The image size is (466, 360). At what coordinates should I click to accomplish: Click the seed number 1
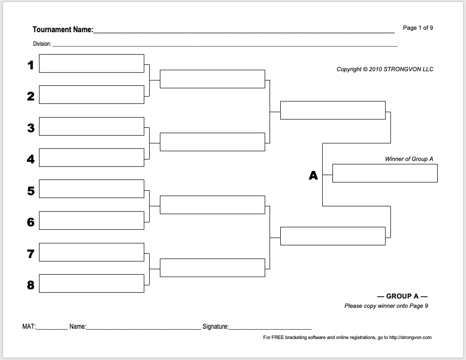point(31,65)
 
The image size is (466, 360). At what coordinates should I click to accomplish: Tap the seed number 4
point(31,159)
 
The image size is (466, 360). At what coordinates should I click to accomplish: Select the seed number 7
point(31,254)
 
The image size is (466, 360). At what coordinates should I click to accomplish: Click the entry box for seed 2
point(91,95)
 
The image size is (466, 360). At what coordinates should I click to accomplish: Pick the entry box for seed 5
point(91,189)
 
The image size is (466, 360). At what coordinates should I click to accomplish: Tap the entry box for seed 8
point(91,283)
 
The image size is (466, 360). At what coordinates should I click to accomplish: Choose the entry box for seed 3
point(91,126)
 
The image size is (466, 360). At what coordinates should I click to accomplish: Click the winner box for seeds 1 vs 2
point(212,79)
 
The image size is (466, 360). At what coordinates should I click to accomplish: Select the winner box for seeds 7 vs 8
point(212,268)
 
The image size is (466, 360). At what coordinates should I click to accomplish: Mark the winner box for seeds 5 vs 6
point(212,205)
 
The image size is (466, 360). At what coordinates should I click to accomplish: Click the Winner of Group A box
point(385,173)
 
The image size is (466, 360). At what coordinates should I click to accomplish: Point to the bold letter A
point(313,176)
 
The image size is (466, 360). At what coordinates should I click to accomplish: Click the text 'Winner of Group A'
point(409,159)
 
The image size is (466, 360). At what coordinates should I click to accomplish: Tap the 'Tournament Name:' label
point(62,30)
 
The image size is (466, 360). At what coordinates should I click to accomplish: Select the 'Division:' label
point(42,44)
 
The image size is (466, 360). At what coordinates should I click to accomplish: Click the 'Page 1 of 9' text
point(418,28)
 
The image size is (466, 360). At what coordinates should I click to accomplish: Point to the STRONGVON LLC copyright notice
point(385,69)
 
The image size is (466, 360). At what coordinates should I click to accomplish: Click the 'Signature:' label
point(215,326)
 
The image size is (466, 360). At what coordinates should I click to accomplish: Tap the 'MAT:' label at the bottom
point(29,326)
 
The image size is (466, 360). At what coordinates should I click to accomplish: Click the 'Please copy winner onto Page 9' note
point(386,306)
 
